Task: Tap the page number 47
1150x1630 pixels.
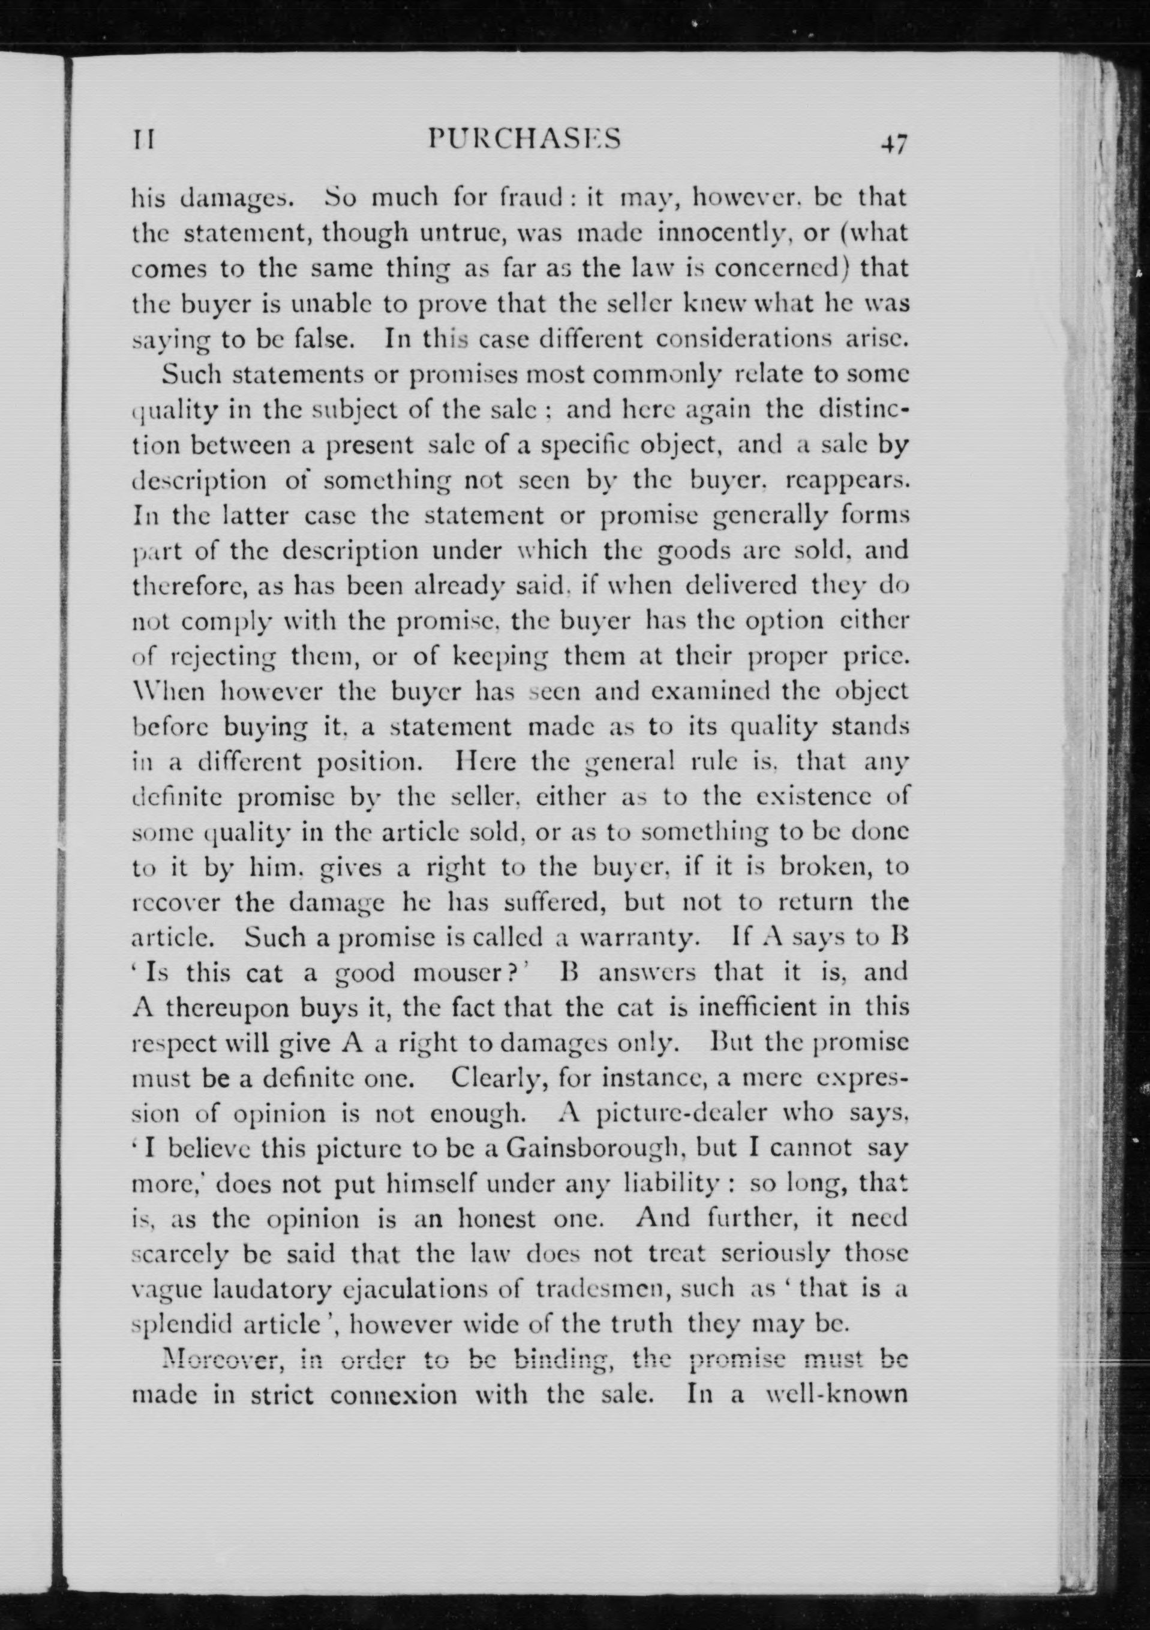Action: pos(892,145)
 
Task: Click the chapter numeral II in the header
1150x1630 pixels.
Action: pos(144,140)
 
